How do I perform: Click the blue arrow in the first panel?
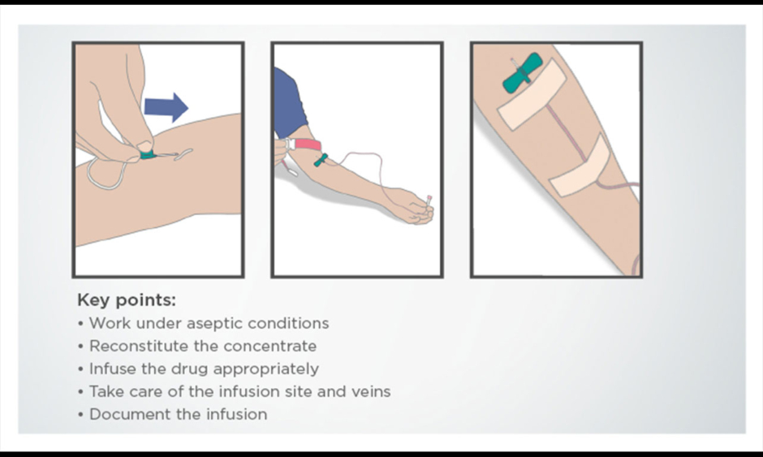[x=166, y=106]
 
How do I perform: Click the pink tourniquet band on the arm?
[x=307, y=144]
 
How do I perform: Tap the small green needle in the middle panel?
[x=321, y=160]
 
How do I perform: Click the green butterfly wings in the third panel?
[x=522, y=74]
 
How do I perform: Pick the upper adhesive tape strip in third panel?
[x=532, y=94]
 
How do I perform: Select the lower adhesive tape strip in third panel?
[x=580, y=166]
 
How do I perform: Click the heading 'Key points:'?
[x=127, y=300]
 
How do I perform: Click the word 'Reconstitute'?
[x=139, y=346]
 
